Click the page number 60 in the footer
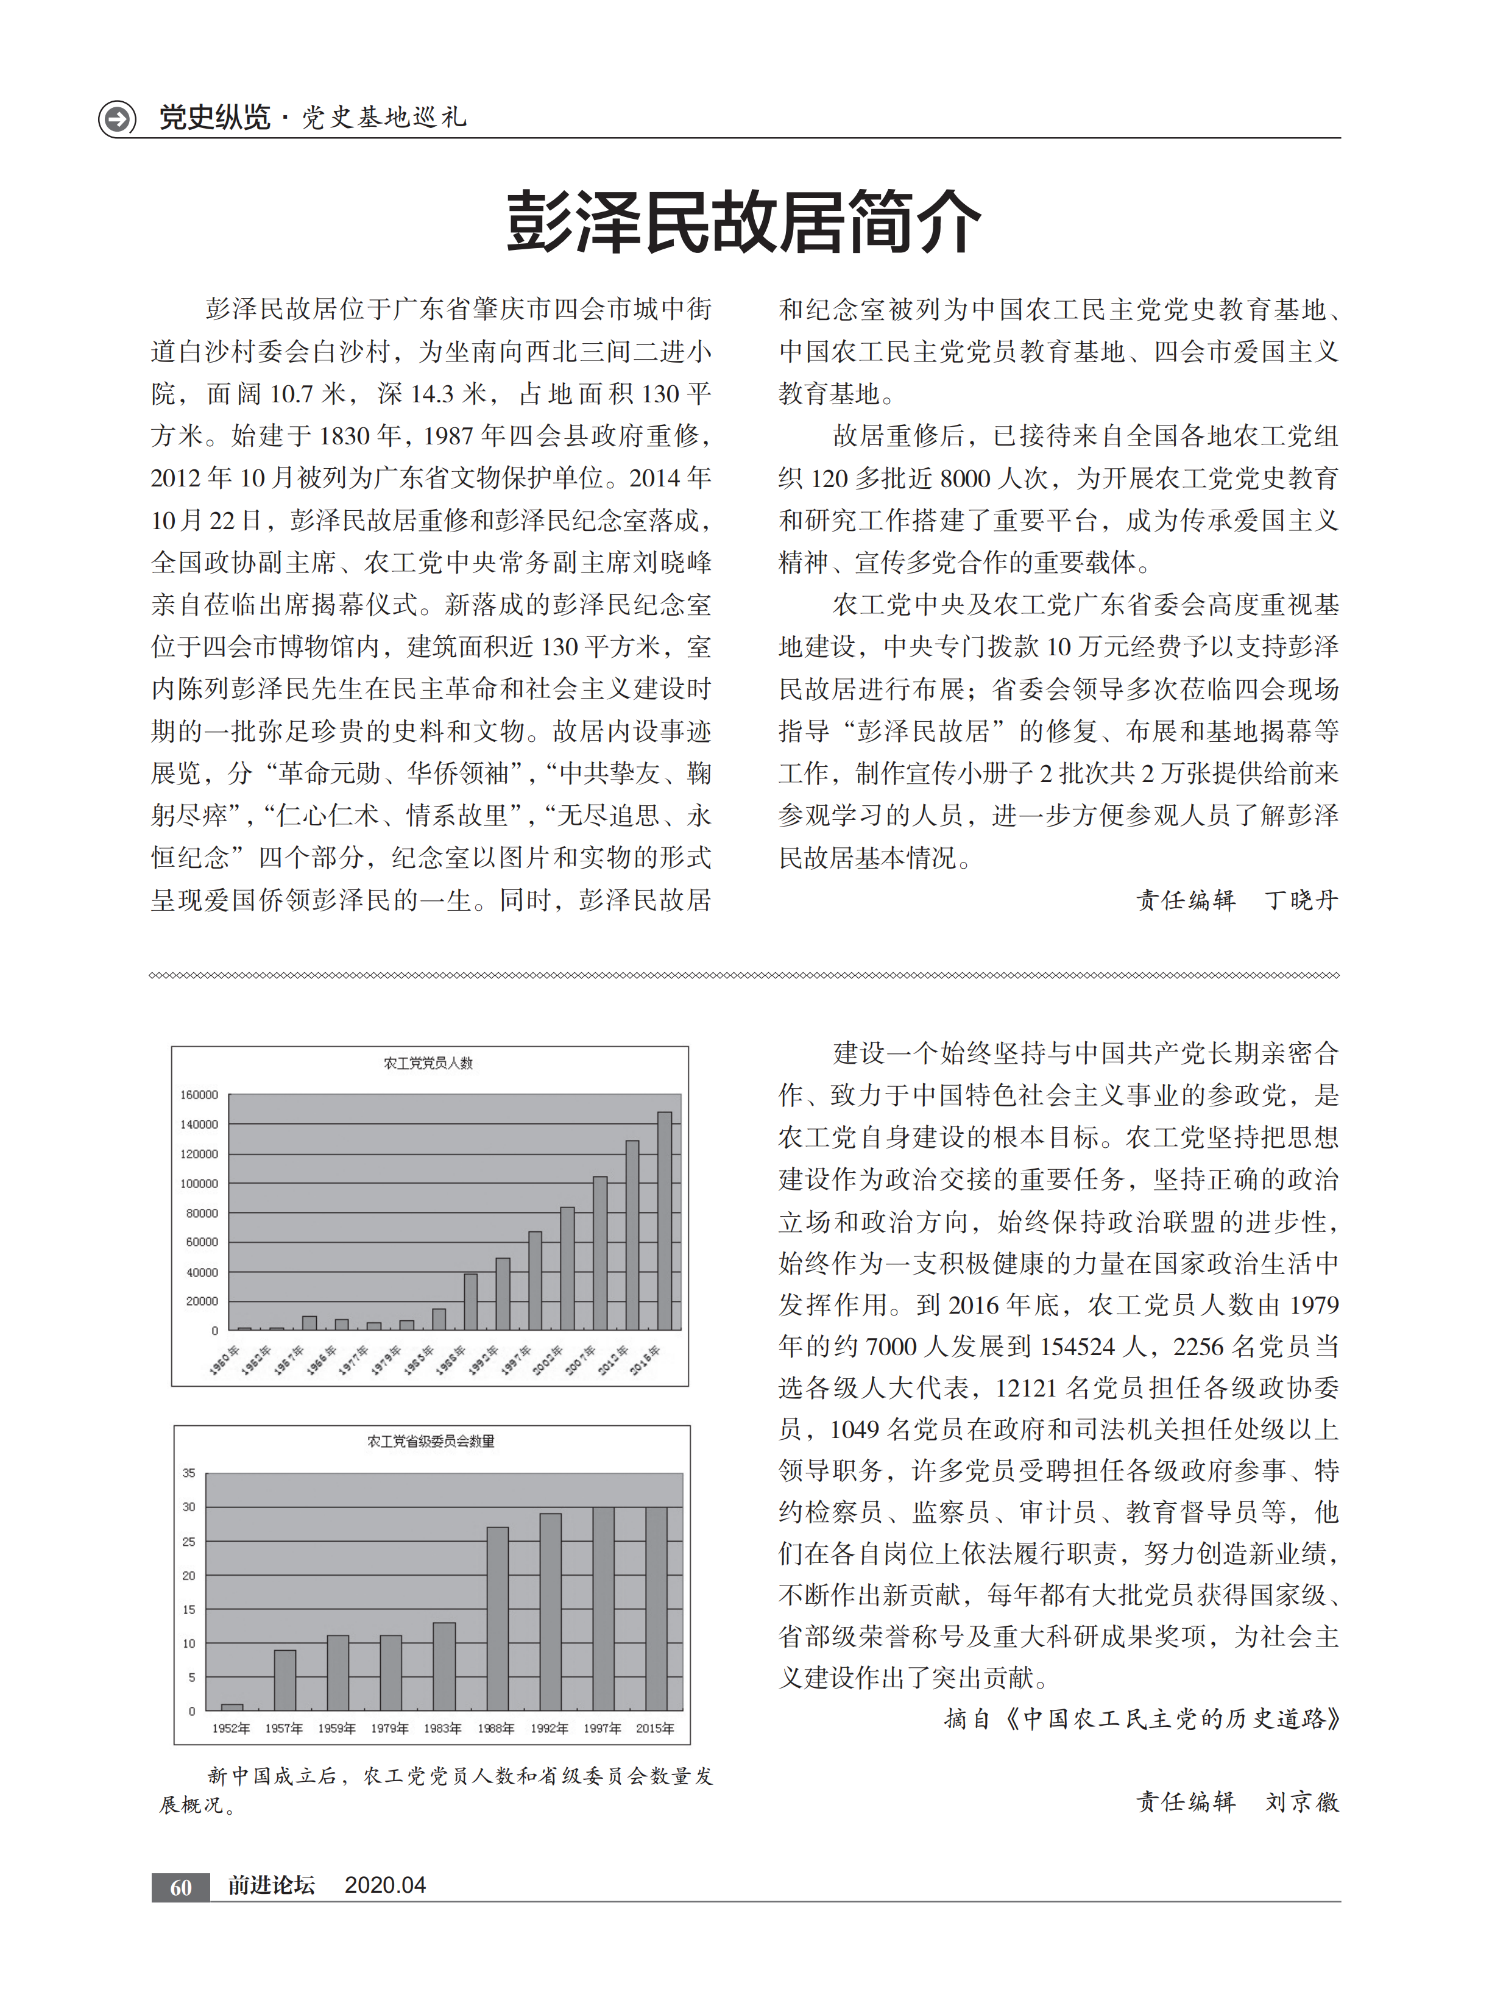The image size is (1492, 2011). (x=180, y=1888)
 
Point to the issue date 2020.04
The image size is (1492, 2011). (x=385, y=1885)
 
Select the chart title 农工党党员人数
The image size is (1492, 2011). (x=428, y=1063)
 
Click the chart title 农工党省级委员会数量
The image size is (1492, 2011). (x=431, y=1441)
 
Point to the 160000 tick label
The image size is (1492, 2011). (x=199, y=1095)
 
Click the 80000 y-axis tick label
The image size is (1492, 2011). (x=202, y=1213)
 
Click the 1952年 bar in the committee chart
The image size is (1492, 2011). (x=232, y=1707)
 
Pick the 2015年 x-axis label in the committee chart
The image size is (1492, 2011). (x=655, y=1728)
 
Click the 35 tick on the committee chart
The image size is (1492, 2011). (x=189, y=1473)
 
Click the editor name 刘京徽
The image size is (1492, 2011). (x=1301, y=1803)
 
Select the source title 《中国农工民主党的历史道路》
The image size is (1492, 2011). (x=1172, y=1719)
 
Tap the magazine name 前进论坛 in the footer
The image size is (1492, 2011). (x=271, y=1885)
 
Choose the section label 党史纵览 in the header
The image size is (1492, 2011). (x=215, y=118)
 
